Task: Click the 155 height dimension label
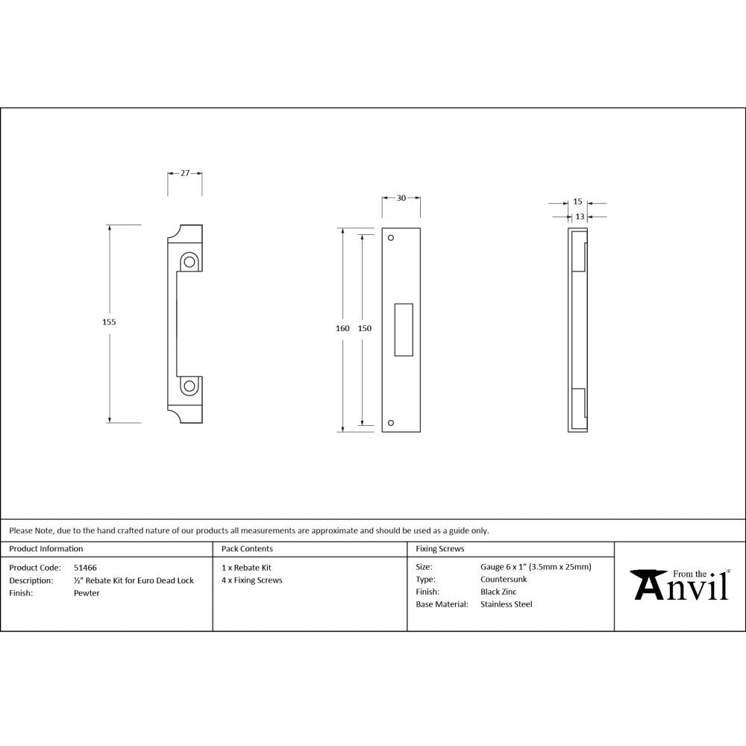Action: pos(109,322)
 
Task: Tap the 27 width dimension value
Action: pos(184,173)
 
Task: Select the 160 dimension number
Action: pos(342,328)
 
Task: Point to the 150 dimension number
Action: pos(364,328)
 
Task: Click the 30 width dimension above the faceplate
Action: pos(401,198)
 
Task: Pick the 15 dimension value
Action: pos(577,202)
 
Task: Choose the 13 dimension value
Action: pos(580,216)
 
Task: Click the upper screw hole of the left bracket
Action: pos(189,262)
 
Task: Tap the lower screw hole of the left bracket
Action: pos(189,386)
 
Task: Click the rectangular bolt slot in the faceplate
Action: pos(403,328)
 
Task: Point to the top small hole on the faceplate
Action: pos(391,238)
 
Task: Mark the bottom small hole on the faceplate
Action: pos(391,423)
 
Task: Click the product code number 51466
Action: pos(85,567)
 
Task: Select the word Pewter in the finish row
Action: pos(87,593)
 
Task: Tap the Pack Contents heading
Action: pos(247,549)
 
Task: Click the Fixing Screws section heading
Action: pos(440,549)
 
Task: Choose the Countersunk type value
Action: pos(504,579)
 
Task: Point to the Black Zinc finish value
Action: pos(499,592)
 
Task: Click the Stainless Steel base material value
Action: pos(507,604)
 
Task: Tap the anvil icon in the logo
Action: pos(648,583)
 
